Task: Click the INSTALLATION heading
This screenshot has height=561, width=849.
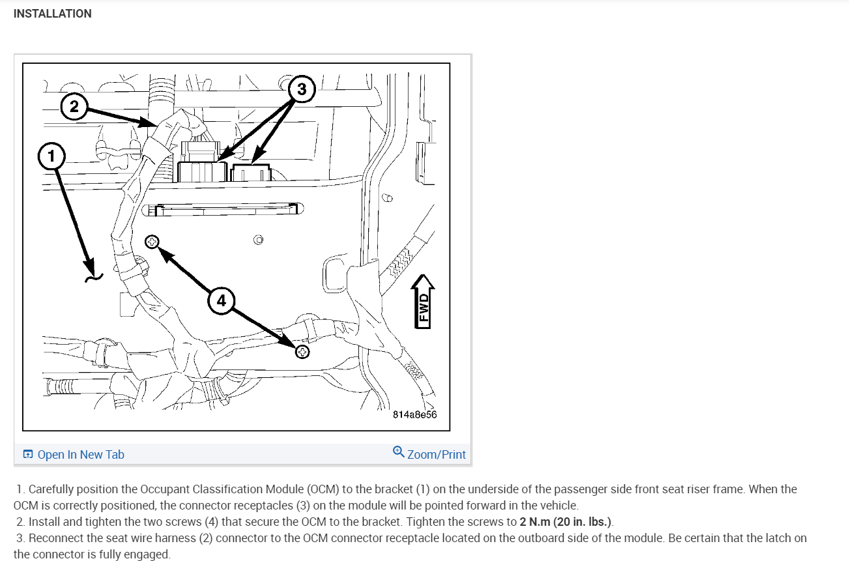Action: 52,14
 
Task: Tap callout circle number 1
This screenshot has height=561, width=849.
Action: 51,156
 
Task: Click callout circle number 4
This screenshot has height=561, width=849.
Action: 222,300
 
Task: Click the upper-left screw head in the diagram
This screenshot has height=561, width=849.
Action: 152,242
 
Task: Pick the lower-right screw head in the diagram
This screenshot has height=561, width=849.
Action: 302,352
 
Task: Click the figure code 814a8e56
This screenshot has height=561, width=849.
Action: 414,414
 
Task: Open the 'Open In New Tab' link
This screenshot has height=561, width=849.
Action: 81,455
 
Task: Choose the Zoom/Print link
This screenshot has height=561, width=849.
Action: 436,455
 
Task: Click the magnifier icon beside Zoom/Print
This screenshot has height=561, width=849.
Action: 398,452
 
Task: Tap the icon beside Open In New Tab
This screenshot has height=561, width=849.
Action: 28,455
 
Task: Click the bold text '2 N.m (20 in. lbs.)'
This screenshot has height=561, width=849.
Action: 566,522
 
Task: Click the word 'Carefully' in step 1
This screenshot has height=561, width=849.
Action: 51,489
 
